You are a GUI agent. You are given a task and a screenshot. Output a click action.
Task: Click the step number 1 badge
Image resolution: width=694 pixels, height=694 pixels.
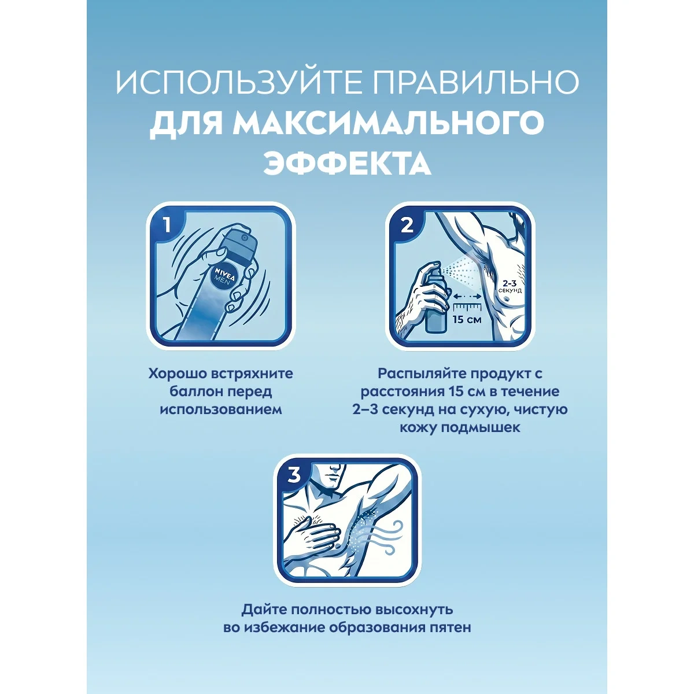point(166,226)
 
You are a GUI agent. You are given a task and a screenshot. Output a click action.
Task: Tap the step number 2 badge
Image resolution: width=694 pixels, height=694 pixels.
point(407,226)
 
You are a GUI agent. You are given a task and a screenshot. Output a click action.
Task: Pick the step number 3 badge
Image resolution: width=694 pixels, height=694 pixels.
point(294,475)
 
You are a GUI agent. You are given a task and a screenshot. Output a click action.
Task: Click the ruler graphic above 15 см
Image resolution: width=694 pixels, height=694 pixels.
point(468,308)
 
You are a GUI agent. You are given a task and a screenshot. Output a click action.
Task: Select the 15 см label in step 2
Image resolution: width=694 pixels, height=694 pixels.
point(467,319)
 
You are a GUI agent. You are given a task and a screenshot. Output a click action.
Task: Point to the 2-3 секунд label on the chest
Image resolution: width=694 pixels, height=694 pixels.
point(510,287)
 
